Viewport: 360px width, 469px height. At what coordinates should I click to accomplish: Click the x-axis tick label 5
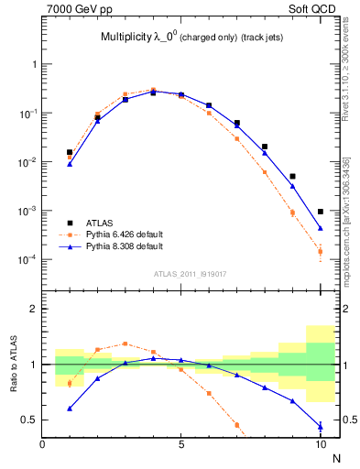[181, 446]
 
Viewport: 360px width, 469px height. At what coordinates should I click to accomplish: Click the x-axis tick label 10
[320, 446]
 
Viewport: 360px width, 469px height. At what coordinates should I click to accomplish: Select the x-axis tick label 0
[42, 446]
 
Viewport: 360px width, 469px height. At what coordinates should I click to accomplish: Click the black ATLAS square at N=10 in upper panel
[321, 212]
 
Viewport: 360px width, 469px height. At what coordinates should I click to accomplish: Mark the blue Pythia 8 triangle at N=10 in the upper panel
[321, 228]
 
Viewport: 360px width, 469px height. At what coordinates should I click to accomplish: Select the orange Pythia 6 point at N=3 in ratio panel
[125, 344]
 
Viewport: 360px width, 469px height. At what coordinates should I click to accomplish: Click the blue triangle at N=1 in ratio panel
[70, 409]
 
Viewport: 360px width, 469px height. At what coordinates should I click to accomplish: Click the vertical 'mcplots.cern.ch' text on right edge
[352, 220]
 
